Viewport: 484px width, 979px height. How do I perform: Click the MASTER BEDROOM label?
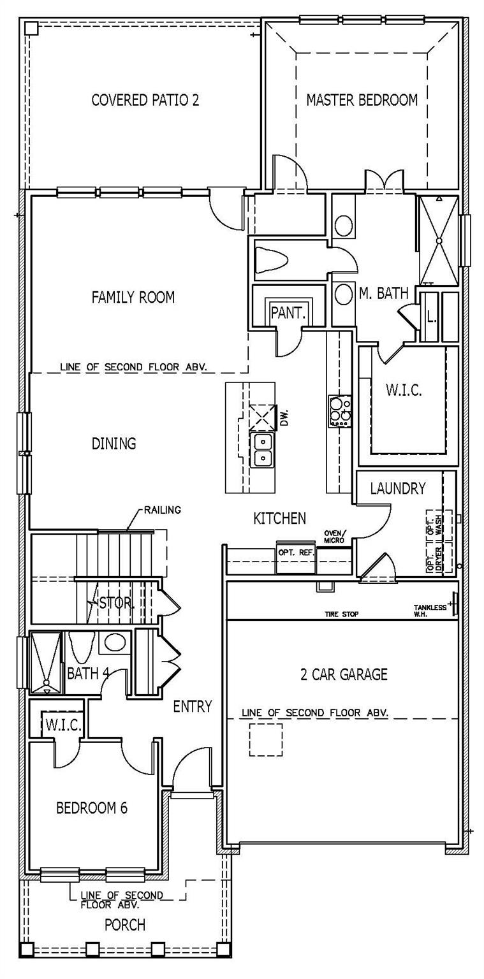(362, 100)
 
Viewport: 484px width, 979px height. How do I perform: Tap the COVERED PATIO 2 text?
(145, 100)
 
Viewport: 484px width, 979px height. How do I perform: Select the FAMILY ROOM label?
(133, 297)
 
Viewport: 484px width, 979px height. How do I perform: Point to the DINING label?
(114, 443)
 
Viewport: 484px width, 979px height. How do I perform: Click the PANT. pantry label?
(289, 313)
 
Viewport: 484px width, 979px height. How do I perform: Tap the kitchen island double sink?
(262, 449)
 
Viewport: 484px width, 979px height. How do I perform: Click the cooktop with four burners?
(339, 411)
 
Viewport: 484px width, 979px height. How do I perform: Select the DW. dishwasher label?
(284, 417)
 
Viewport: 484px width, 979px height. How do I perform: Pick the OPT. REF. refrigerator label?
(296, 553)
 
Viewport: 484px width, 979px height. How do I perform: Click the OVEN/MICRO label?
(334, 537)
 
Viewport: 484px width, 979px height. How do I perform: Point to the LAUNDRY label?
(397, 489)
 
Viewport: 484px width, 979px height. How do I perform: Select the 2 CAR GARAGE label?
(344, 674)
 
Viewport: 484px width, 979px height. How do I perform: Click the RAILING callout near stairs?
(162, 510)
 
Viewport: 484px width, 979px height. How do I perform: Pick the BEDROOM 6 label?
(92, 808)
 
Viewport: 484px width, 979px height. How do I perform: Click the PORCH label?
(125, 924)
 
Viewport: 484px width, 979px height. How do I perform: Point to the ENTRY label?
(193, 706)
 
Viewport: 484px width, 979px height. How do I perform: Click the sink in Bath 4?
(115, 642)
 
